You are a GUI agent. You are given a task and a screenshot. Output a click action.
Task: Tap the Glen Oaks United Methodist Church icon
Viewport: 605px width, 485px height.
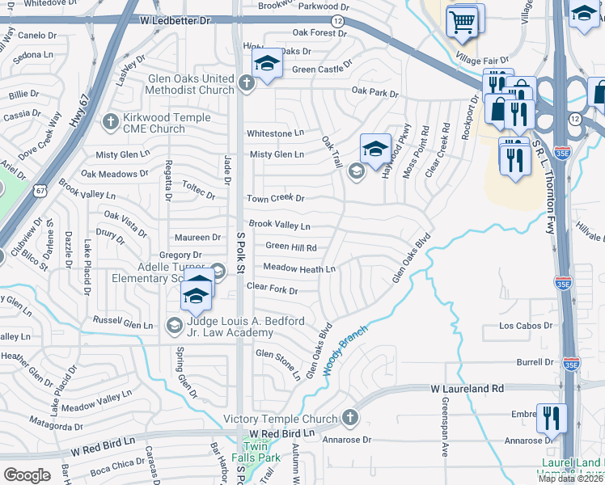point(248,80)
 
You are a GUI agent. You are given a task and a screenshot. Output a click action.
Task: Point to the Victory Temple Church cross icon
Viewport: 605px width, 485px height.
point(349,418)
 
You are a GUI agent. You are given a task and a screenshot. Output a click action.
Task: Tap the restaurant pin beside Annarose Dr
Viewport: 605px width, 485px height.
point(551,418)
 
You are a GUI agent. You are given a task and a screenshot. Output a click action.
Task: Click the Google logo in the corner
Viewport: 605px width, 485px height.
point(27,474)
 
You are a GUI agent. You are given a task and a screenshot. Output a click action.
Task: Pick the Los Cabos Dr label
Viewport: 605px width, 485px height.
point(526,327)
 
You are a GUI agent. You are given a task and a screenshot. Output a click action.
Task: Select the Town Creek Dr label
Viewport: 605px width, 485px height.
point(275,198)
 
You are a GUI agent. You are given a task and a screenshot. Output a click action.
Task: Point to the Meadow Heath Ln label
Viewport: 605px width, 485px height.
point(299,268)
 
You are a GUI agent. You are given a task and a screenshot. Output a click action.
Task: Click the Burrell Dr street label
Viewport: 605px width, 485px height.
point(534,363)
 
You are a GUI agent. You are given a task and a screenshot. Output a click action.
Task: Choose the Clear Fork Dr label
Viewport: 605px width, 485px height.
point(272,287)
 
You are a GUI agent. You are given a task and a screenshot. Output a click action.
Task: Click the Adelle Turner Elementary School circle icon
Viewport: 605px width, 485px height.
point(217,271)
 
